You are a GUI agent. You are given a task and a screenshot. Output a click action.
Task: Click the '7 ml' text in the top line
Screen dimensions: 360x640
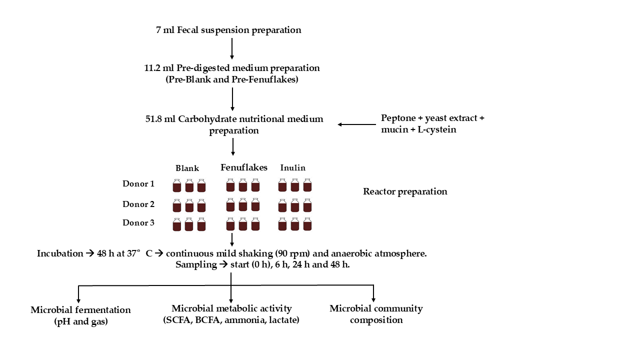click(x=165, y=30)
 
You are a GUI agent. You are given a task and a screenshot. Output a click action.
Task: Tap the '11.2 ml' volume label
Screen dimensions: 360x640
click(x=159, y=67)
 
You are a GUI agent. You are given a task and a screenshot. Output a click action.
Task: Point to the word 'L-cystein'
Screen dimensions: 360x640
click(x=437, y=130)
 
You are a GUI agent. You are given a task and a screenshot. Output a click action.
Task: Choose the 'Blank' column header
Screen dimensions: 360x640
click(x=187, y=168)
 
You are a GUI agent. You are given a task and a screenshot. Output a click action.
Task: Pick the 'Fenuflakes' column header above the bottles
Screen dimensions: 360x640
click(x=244, y=167)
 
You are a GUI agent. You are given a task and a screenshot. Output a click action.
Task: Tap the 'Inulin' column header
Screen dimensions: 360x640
click(x=292, y=168)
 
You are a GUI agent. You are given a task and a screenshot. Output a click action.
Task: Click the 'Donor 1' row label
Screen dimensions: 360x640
click(x=138, y=183)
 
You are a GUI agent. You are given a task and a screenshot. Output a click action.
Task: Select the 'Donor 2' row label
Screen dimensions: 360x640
click(x=138, y=204)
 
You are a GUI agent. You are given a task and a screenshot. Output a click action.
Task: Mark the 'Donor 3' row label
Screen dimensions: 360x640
click(x=138, y=223)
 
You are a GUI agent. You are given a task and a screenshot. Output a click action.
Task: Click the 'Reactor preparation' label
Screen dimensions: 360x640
click(x=405, y=191)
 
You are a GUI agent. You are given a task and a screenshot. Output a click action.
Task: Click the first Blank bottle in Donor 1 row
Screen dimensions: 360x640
click(x=177, y=185)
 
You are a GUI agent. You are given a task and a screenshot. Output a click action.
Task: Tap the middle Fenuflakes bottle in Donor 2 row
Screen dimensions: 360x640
click(x=243, y=204)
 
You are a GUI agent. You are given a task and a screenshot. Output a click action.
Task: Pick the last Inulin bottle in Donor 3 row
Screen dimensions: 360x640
click(x=307, y=224)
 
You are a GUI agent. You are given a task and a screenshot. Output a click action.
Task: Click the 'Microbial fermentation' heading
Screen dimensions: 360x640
click(x=80, y=310)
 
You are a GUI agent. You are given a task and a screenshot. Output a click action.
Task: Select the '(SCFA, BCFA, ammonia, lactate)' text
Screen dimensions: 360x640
click(x=231, y=320)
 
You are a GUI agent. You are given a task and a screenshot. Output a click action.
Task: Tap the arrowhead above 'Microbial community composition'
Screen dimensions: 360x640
click(x=373, y=299)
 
